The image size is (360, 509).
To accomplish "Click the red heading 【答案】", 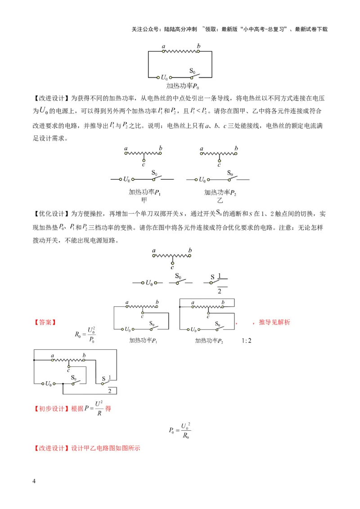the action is click(45, 322).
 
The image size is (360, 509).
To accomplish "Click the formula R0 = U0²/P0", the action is click(85, 335).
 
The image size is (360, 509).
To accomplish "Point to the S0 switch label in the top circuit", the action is click(192, 71).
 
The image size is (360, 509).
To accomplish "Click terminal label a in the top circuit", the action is click(162, 46).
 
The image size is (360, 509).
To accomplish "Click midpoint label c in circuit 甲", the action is click(143, 164).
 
